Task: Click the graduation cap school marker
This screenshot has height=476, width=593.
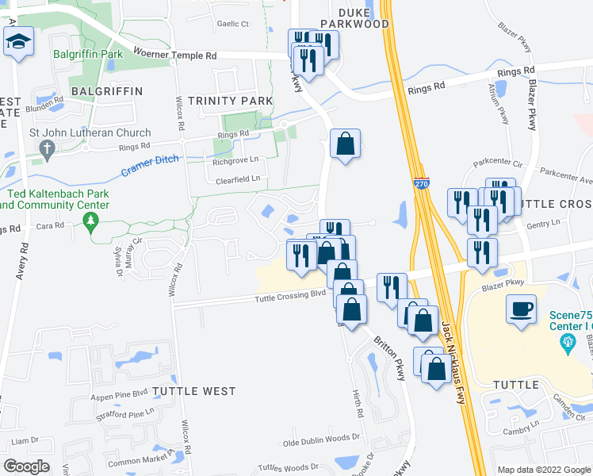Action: click(18, 42)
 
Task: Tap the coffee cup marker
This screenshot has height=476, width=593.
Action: click(521, 309)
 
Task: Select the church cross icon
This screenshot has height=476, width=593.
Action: click(47, 148)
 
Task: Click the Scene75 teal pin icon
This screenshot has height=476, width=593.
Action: click(567, 342)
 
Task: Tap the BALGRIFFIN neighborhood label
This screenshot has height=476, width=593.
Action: click(107, 91)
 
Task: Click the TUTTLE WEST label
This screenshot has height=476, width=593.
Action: click(194, 391)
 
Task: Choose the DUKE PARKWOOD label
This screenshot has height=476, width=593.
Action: click(353, 18)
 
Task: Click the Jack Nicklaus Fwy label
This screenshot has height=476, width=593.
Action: click(453, 361)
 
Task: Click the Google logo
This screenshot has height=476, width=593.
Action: click(26, 466)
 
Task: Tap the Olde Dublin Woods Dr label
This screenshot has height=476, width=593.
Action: click(322, 438)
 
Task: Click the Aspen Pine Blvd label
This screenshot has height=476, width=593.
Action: click(118, 393)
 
